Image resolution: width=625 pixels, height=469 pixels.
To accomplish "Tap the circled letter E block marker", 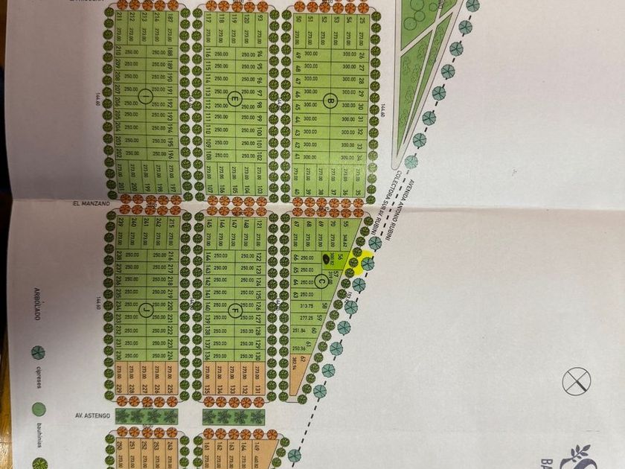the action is [235, 98].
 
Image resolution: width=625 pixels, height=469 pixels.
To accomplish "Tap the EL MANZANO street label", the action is [92, 202].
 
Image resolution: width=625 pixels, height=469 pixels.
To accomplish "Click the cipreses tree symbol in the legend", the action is [39, 352].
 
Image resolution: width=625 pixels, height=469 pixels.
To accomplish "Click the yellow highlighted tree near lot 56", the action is [366, 264].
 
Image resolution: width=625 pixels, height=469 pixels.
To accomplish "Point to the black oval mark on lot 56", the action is [328, 258].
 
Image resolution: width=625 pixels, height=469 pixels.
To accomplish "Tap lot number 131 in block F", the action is [257, 389].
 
